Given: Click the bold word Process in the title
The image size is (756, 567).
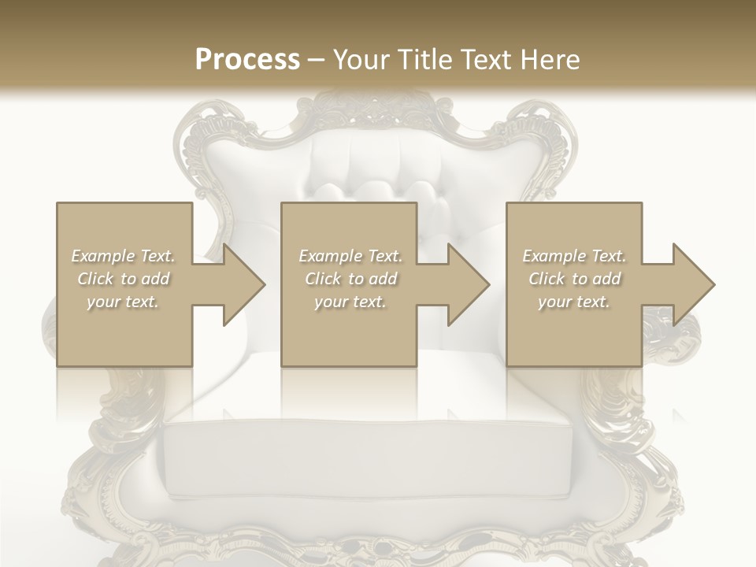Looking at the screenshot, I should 247,60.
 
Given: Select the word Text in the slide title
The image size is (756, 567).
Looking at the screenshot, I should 485,60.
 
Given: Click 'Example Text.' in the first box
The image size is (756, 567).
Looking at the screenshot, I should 124,256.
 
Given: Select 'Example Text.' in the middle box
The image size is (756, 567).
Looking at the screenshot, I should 350,256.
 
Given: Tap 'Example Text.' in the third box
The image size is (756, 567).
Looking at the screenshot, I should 574,256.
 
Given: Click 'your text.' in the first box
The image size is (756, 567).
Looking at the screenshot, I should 124,302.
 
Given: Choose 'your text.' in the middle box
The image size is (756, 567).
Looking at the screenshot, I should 350,302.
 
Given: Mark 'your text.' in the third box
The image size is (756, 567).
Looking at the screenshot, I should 574,302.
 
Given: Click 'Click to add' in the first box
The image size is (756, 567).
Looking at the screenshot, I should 124,279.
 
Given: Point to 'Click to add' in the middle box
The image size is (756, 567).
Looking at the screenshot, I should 350,279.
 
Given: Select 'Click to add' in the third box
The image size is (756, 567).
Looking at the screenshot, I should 574,279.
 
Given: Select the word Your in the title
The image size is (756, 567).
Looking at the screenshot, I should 359,60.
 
